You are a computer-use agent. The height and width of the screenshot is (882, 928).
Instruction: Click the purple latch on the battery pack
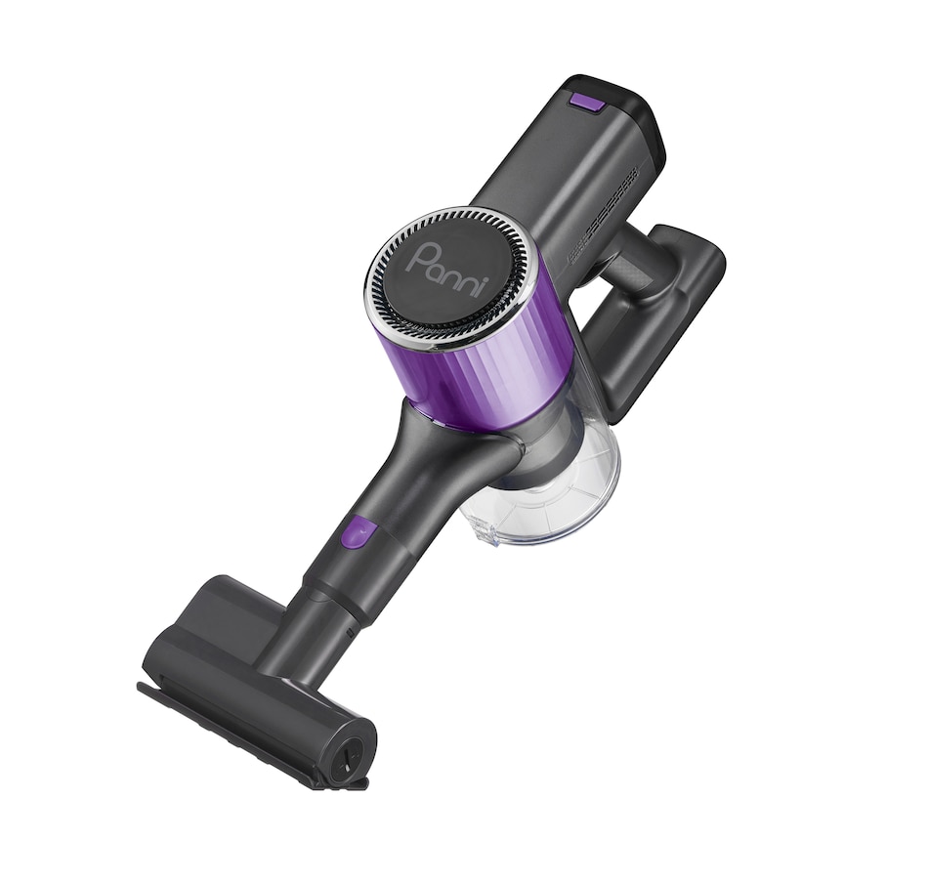coord(587,101)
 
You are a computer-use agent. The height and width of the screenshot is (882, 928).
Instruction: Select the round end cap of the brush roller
coord(349,753)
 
